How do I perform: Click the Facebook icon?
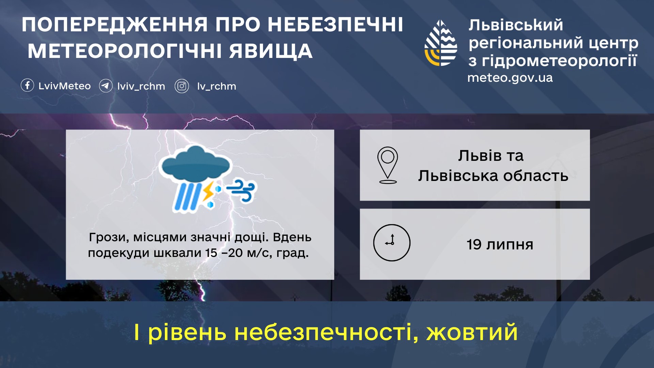(27, 85)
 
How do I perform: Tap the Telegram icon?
(106, 86)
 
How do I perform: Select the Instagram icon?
(182, 86)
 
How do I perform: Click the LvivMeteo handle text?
(64, 86)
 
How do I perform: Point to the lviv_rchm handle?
(141, 86)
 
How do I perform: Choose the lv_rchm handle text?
(217, 86)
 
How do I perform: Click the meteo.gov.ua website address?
(510, 78)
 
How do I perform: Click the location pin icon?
(388, 165)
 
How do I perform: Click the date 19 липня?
(500, 244)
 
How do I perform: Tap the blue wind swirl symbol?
(241, 191)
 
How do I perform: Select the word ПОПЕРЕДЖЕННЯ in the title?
(114, 25)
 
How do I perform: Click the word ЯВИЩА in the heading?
(271, 51)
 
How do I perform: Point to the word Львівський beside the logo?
(516, 25)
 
